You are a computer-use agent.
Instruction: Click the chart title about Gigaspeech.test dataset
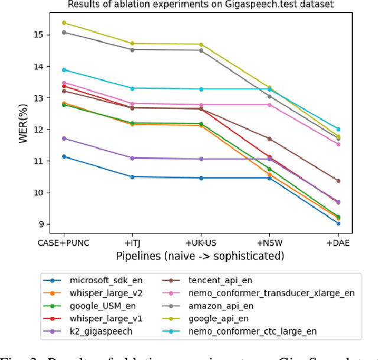pos(200,5)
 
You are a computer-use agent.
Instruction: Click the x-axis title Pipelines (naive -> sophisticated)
pos(200,255)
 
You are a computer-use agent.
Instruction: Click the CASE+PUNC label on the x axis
pos(63,242)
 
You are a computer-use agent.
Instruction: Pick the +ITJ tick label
pos(132,242)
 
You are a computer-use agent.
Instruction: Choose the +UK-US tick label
pos(201,242)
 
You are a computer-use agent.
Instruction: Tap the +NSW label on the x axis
pos(269,242)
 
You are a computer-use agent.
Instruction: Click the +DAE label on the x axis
pos(338,242)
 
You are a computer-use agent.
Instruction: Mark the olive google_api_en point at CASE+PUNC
pos(64,23)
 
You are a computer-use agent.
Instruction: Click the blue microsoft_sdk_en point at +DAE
pos(338,223)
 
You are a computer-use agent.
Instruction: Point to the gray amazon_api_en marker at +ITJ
pos(132,50)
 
